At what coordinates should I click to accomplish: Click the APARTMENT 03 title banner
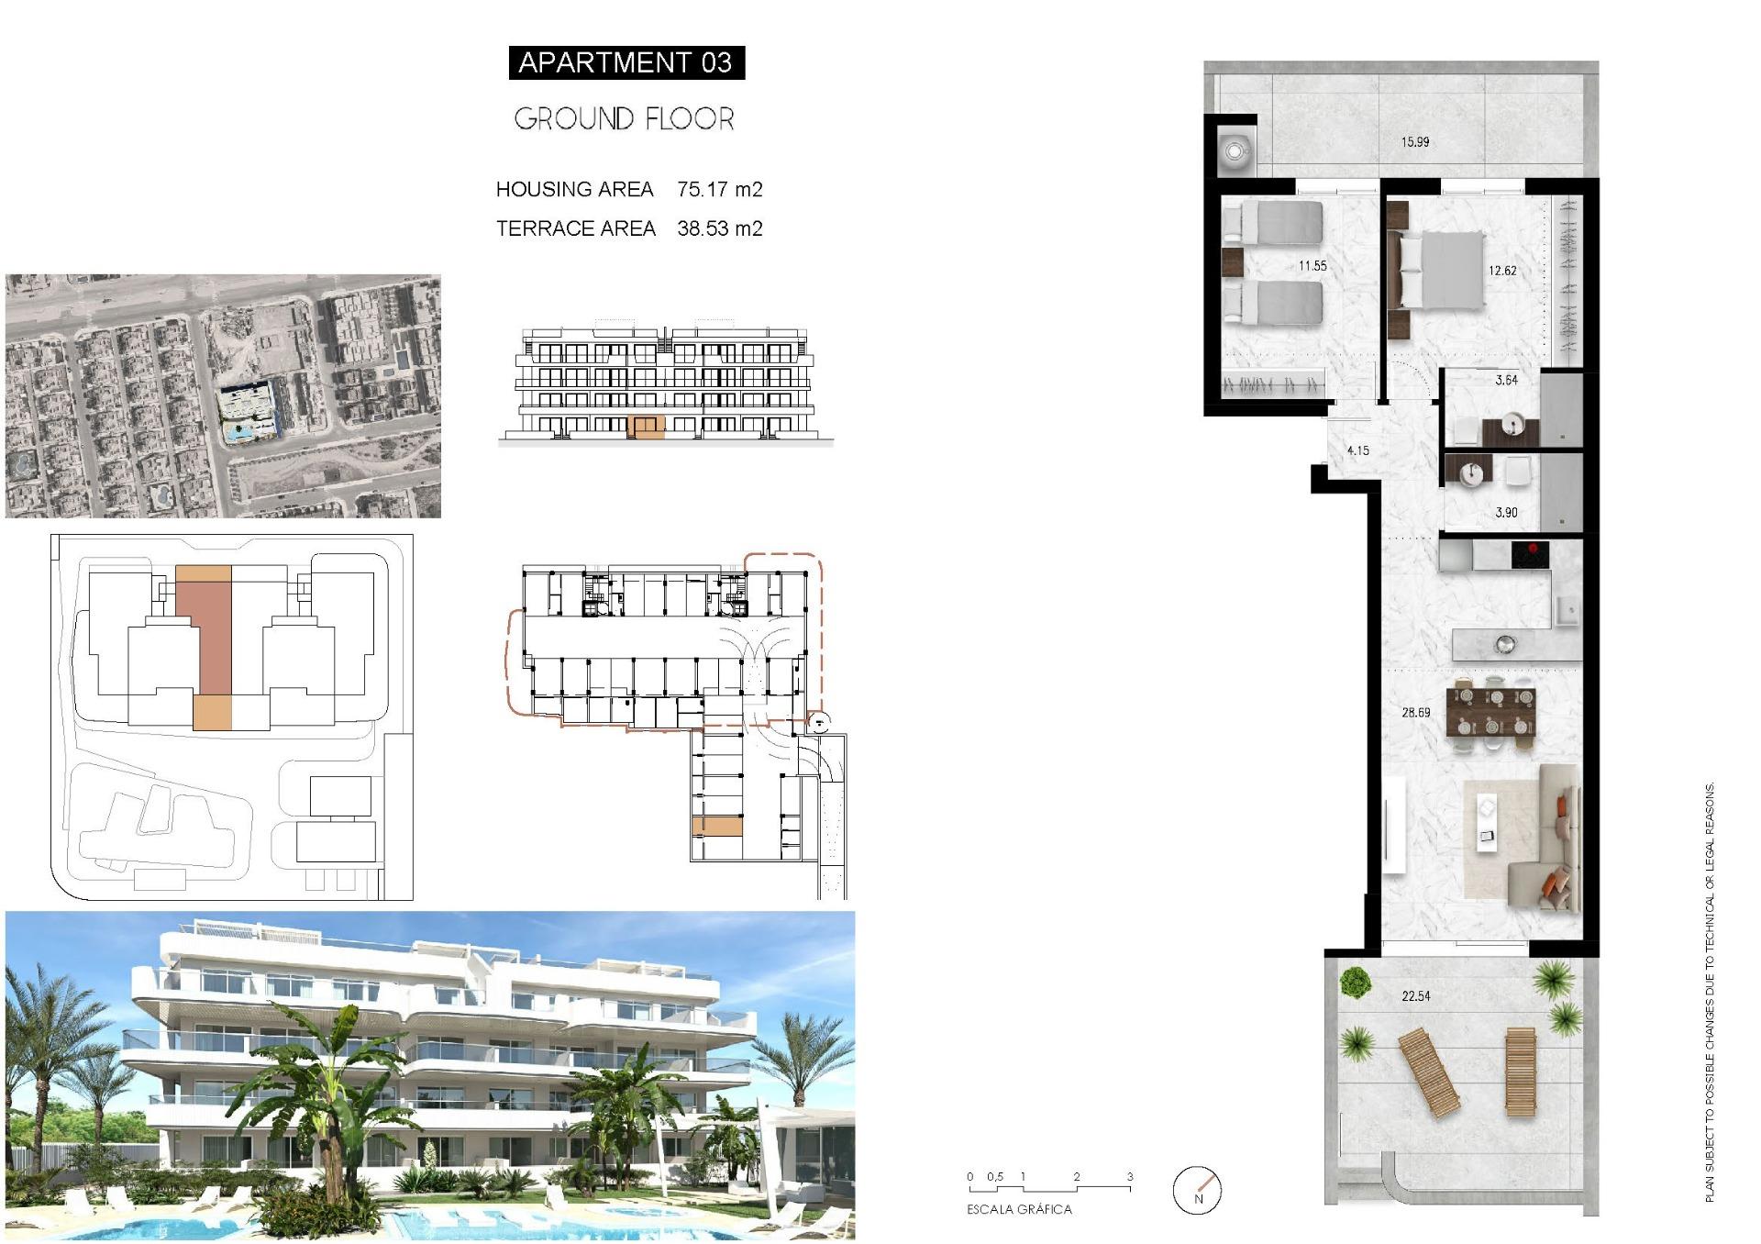click(x=626, y=62)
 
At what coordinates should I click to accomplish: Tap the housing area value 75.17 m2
click(x=719, y=189)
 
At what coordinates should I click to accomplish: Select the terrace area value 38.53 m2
click(x=719, y=228)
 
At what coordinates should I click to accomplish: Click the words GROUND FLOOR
click(x=624, y=118)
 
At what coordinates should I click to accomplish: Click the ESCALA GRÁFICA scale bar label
click(x=1019, y=1209)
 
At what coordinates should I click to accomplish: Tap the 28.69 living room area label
click(x=1415, y=712)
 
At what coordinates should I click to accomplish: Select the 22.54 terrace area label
click(x=1415, y=995)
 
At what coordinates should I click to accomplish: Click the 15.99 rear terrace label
click(x=1414, y=142)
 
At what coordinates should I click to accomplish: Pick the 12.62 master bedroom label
click(x=1502, y=271)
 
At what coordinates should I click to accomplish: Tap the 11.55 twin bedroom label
click(x=1312, y=266)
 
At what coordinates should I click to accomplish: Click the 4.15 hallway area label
click(x=1357, y=450)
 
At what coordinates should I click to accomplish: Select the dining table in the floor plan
click(x=1490, y=712)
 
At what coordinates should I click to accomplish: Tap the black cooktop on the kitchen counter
click(x=1530, y=554)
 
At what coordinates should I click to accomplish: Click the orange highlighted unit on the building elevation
click(x=649, y=427)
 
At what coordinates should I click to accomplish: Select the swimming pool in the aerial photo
click(x=244, y=430)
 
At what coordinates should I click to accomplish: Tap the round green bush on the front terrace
click(x=1354, y=983)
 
